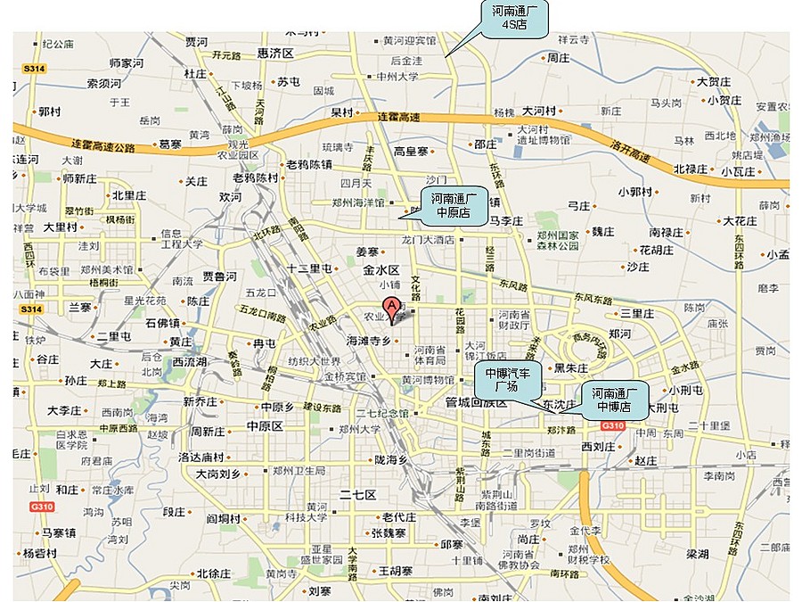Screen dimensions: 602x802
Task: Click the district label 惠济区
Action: click(x=275, y=54)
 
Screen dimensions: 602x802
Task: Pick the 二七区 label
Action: click(x=358, y=494)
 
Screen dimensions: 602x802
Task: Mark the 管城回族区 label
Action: click(x=477, y=403)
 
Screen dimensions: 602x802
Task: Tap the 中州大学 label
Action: click(x=397, y=77)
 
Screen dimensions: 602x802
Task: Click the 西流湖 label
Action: click(x=190, y=362)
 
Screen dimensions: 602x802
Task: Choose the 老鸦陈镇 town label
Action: click(x=308, y=164)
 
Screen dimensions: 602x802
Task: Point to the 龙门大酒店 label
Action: click(x=429, y=240)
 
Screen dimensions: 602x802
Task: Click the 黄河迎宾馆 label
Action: click(x=409, y=41)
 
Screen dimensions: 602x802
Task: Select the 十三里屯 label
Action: click(x=309, y=268)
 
